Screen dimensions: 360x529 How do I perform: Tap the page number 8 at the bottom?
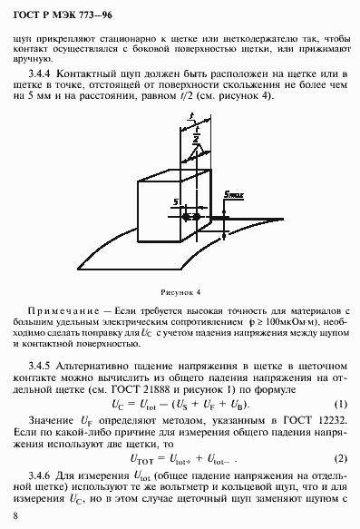coord(16,515)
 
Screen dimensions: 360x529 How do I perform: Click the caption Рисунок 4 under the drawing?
coord(180,292)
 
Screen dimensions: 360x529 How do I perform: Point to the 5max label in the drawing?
coord(235,193)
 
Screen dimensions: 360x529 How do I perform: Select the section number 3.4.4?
coord(44,71)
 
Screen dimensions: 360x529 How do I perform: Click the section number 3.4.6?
coord(43,475)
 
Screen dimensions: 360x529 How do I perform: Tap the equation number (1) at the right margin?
coord(341,403)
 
